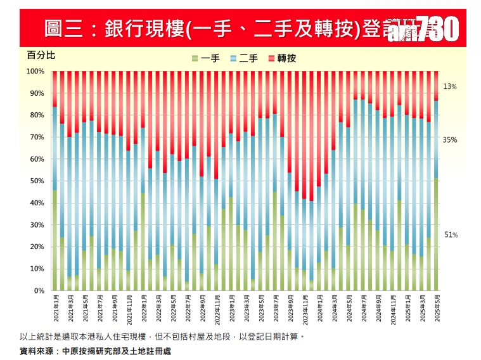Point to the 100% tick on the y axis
35,72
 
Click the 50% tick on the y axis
37,181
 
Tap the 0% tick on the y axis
39,291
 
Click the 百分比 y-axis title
41,55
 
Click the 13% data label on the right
450,86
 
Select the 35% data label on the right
450,139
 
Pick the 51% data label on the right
450,235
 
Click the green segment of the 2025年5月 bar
436,235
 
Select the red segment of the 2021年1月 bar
55,89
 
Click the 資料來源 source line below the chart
95,350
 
